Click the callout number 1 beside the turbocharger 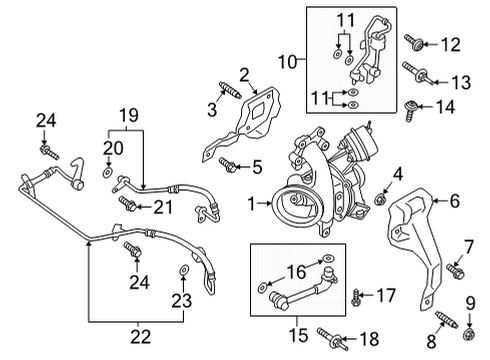click(253, 204)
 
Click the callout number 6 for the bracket click(454, 201)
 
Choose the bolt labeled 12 click(416, 41)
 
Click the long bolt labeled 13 click(417, 73)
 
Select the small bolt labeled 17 click(357, 294)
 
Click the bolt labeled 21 click(129, 204)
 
